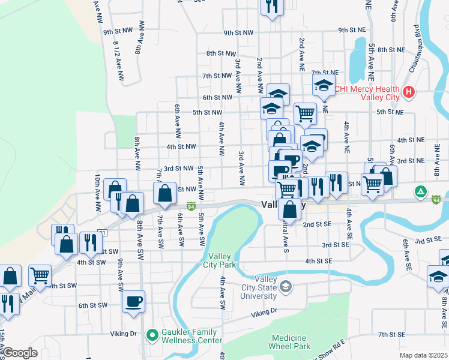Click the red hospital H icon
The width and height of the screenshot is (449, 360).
point(409,92)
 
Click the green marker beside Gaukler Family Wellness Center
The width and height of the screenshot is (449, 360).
point(152,334)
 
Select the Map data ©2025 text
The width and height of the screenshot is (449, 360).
point(423,355)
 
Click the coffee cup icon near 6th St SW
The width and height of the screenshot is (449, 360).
point(133,301)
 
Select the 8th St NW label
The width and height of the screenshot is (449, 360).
point(219,53)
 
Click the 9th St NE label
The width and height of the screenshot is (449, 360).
point(352,29)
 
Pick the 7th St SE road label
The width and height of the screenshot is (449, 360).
point(393,334)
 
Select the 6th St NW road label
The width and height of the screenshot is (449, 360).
point(217,97)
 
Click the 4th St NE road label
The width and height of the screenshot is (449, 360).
point(411,140)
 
